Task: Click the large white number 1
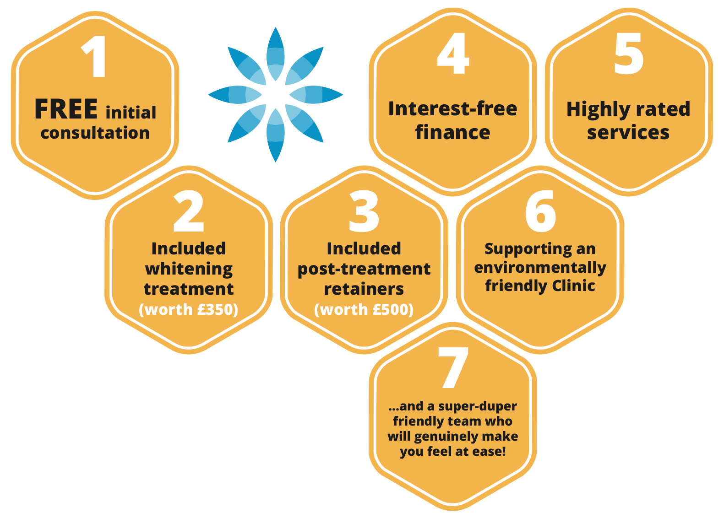[x=95, y=57]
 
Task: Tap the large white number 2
[x=188, y=212]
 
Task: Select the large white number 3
[x=364, y=212]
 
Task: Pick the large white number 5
[x=629, y=54]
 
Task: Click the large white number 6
[x=540, y=212]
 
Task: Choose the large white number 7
[x=453, y=368]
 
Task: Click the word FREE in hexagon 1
[x=66, y=109]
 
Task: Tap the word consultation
[x=95, y=133]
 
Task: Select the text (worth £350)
[x=188, y=309]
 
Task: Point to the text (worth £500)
[x=364, y=309]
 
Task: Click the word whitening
[x=189, y=269]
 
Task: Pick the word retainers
[x=364, y=289]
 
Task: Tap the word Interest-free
[x=452, y=109]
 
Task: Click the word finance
[x=452, y=132]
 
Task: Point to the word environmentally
[x=540, y=268]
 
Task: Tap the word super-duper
[x=478, y=406]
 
